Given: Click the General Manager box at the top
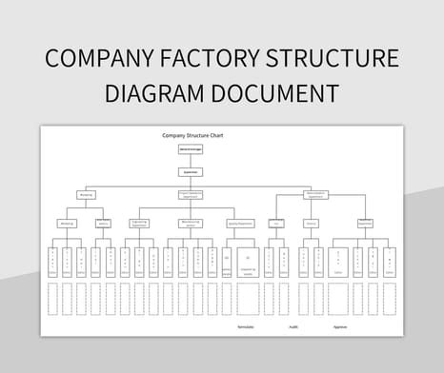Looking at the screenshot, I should tap(191, 149).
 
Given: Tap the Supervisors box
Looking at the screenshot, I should tap(191, 172).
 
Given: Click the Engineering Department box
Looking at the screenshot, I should tap(140, 223).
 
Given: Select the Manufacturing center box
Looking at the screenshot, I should tap(191, 223).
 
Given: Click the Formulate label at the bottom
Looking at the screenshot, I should tap(245, 326).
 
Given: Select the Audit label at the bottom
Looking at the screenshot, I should tap(293, 326).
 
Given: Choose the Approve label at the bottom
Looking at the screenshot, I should tap(340, 326).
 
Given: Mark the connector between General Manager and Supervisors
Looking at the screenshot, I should tap(191, 161).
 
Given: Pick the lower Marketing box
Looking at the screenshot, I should tap(67, 223).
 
